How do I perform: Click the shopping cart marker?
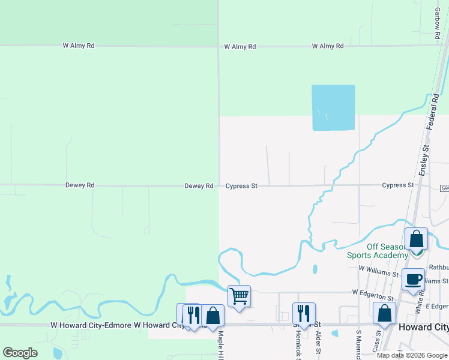(x=239, y=296)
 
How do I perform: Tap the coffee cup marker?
(x=413, y=279)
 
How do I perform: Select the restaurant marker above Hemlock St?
(x=304, y=314)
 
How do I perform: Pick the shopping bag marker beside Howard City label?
(x=384, y=314)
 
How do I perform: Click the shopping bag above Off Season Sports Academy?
(x=416, y=239)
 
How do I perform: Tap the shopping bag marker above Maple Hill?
(x=212, y=315)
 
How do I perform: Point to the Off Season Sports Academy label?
(x=378, y=251)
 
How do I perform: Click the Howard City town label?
(x=424, y=327)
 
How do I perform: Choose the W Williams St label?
(x=378, y=273)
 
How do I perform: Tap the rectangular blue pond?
(x=333, y=107)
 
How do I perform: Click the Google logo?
(x=20, y=353)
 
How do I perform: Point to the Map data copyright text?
(x=412, y=355)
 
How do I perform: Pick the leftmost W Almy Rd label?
(x=79, y=46)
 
